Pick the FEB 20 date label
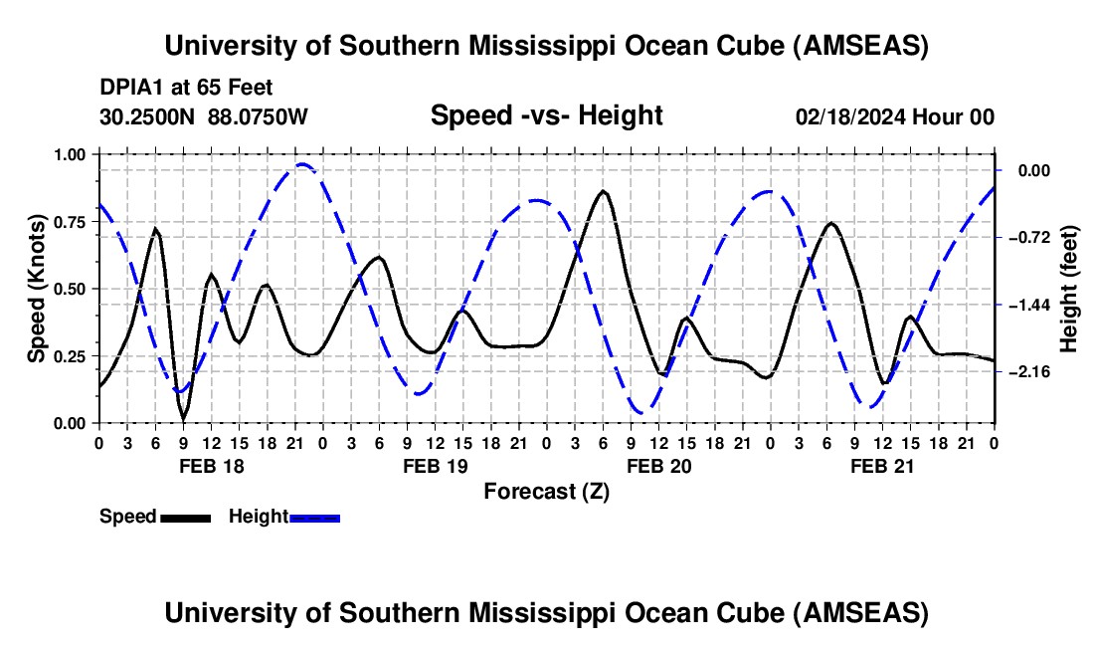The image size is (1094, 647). click(x=658, y=465)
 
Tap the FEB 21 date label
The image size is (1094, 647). click(x=882, y=465)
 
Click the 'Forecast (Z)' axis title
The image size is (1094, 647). click(x=546, y=491)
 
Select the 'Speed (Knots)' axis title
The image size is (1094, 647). click(x=37, y=289)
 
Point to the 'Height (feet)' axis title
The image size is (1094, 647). click(x=1069, y=289)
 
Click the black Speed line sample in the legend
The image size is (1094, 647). click(x=185, y=517)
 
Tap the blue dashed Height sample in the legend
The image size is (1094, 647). click(x=315, y=517)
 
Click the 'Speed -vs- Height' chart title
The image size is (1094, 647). click(x=546, y=115)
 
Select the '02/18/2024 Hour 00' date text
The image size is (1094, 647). click(x=895, y=117)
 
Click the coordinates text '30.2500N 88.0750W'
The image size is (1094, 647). click(x=204, y=117)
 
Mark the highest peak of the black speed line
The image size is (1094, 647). click(x=603, y=190)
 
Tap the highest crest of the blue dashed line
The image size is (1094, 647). click(x=303, y=164)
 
